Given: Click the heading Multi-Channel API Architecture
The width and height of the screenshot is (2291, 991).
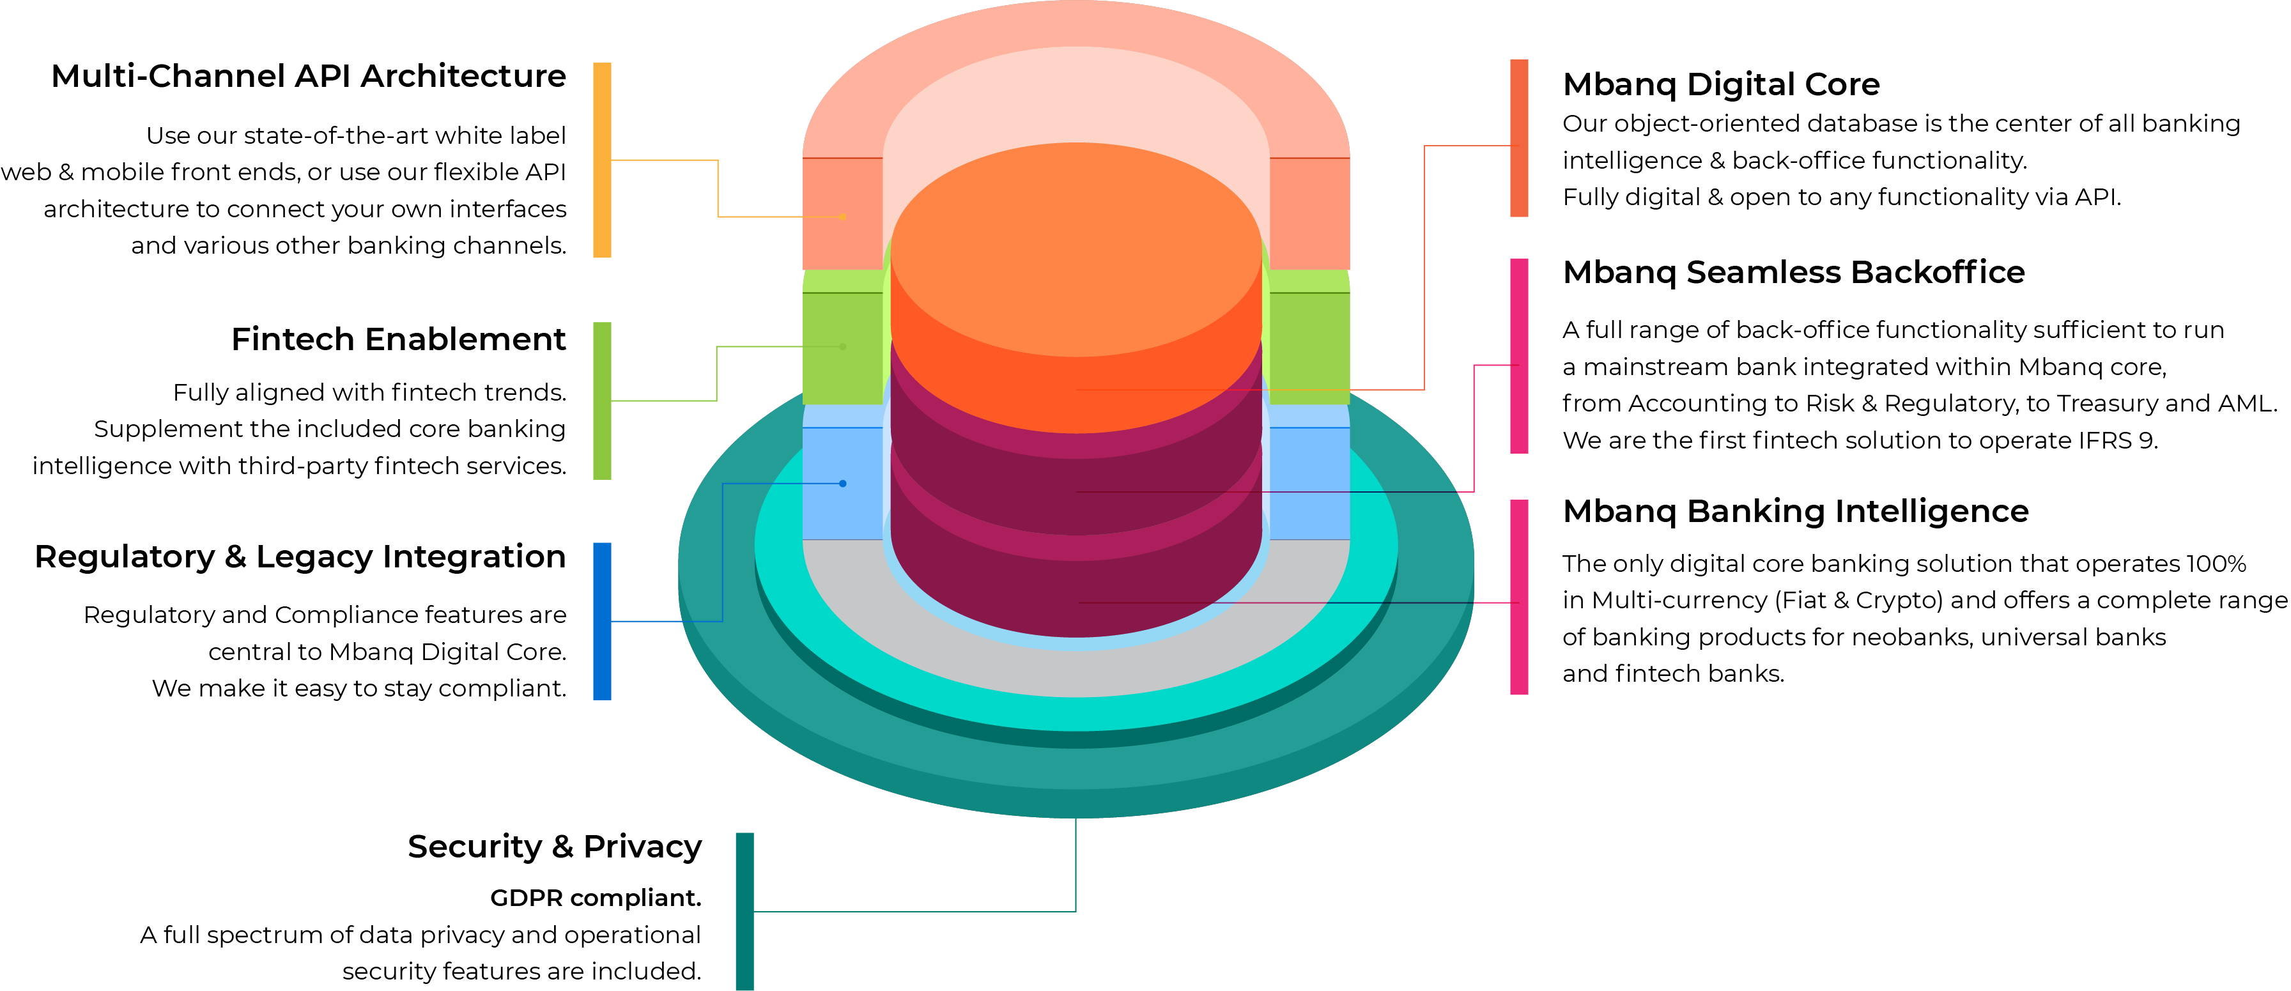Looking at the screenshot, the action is [x=309, y=77].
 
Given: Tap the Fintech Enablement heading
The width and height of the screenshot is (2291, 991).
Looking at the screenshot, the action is [x=398, y=339].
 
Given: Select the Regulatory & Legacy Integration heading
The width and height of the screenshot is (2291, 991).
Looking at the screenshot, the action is [x=300, y=558].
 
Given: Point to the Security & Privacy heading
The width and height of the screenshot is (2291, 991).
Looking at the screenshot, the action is [x=555, y=846].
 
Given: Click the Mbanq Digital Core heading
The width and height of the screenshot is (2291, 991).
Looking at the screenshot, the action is [x=1721, y=84].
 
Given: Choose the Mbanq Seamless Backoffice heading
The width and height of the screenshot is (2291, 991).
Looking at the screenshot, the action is [x=1794, y=272].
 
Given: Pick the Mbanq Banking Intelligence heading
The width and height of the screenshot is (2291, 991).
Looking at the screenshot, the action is [x=1796, y=512].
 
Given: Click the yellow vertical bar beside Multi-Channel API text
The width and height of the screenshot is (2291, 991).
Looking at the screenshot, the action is [x=602, y=160].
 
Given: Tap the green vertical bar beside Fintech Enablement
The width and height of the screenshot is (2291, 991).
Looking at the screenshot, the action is [x=602, y=401].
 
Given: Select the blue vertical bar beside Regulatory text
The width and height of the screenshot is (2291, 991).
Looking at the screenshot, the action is [x=602, y=621].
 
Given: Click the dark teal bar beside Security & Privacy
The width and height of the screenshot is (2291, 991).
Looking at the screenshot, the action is [x=745, y=911].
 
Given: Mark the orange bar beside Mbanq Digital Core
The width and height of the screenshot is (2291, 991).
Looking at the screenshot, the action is [x=1519, y=138].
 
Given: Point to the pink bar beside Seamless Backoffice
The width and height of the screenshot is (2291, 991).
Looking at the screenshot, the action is [x=1519, y=356].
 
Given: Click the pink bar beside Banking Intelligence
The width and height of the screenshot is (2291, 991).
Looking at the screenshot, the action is [x=1519, y=597].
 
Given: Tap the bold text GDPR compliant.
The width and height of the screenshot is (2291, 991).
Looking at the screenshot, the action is [x=596, y=898].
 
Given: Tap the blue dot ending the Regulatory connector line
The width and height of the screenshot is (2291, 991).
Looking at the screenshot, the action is [x=843, y=484].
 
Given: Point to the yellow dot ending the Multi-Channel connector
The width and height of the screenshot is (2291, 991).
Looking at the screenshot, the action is [x=843, y=216].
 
